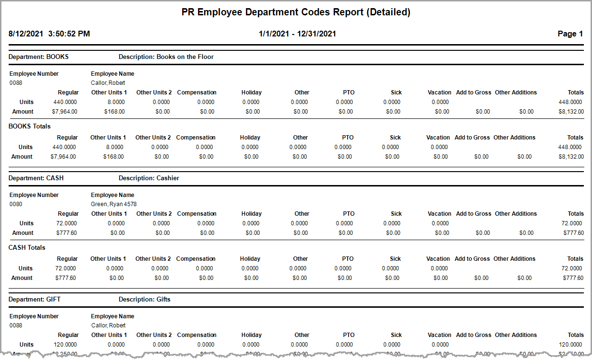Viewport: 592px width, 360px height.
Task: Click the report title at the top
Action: [296, 12]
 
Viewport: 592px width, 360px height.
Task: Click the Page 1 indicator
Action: [570, 34]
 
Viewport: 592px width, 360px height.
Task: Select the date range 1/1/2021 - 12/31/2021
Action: [297, 34]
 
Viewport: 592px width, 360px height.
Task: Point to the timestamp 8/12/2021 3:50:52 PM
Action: [49, 34]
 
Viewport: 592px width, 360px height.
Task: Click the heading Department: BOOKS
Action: [38, 57]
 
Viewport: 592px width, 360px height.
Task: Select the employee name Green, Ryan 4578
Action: [114, 204]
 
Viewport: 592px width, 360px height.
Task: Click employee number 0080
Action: [15, 204]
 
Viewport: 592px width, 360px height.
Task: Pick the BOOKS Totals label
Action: [29, 127]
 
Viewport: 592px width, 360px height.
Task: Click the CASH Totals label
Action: [27, 248]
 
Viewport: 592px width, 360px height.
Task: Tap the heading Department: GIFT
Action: [35, 300]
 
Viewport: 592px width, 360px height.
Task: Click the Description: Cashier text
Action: [149, 178]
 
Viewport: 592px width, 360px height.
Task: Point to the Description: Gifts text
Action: [144, 300]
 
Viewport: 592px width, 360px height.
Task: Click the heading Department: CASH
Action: [36, 178]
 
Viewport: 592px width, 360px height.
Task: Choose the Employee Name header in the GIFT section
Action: [113, 316]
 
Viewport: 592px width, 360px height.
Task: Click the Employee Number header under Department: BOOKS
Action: [34, 74]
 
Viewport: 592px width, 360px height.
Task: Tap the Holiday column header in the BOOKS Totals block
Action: [250, 138]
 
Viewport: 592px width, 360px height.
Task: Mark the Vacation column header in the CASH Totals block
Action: [438, 259]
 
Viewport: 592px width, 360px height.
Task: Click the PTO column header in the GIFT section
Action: [348, 335]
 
